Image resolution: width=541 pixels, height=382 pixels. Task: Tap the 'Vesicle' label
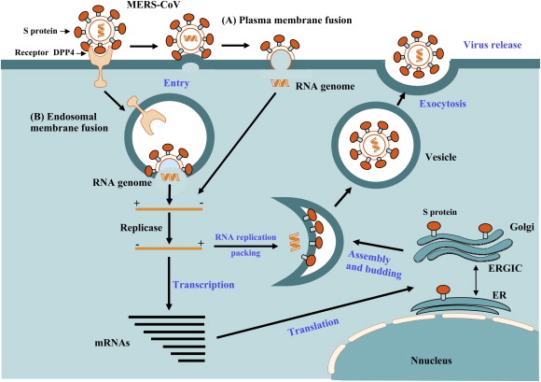coord(433,159)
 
